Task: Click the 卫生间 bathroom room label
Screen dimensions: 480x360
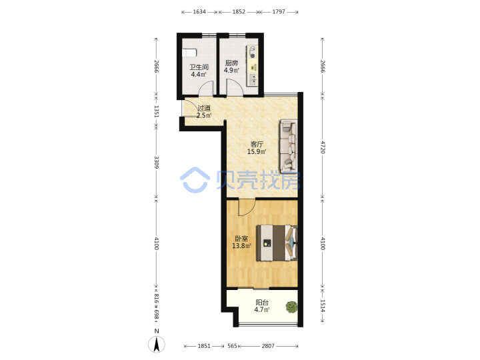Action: click(x=199, y=67)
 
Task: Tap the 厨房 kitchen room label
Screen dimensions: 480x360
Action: click(x=231, y=63)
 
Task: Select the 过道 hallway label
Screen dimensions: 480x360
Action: click(x=204, y=108)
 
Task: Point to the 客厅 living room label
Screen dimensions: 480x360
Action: click(x=257, y=144)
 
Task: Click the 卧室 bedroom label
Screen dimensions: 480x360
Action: click(x=241, y=238)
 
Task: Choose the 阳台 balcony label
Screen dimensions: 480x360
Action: click(x=262, y=303)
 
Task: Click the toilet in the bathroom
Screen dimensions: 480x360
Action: click(x=189, y=53)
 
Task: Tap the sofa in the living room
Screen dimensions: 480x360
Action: click(x=288, y=145)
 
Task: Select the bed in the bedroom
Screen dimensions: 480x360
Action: click(x=277, y=243)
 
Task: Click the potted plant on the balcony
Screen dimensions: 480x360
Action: click(x=291, y=307)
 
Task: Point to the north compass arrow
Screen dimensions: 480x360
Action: click(x=157, y=344)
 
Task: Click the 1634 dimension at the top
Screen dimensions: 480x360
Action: click(x=199, y=12)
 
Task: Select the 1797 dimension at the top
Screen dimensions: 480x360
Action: click(x=279, y=12)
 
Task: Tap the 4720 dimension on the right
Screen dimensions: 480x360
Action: click(x=323, y=147)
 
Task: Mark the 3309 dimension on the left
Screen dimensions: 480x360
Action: click(x=157, y=162)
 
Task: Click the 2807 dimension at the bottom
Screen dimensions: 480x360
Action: click(x=268, y=346)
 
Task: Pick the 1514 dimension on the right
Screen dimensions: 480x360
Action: click(x=323, y=305)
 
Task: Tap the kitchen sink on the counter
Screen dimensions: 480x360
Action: click(x=253, y=79)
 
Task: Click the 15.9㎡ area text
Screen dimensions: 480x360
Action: click(x=257, y=151)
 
